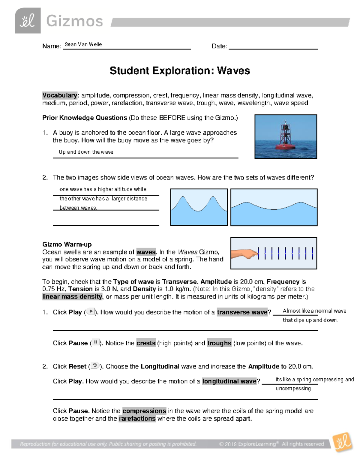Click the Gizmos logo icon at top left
click(28, 21)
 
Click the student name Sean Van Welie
click(83, 44)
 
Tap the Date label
click(219, 46)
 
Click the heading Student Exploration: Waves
click(180, 71)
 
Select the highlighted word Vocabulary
click(60, 95)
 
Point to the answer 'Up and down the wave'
click(86, 152)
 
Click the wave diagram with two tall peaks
click(199, 207)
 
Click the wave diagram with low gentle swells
click(274, 207)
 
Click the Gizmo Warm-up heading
click(67, 244)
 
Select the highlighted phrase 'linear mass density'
click(72, 296)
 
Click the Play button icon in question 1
click(91, 312)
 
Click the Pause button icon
click(95, 342)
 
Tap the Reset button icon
click(95, 366)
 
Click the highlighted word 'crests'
click(146, 343)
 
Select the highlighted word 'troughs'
click(219, 343)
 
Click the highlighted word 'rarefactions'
click(137, 419)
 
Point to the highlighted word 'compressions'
click(144, 411)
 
